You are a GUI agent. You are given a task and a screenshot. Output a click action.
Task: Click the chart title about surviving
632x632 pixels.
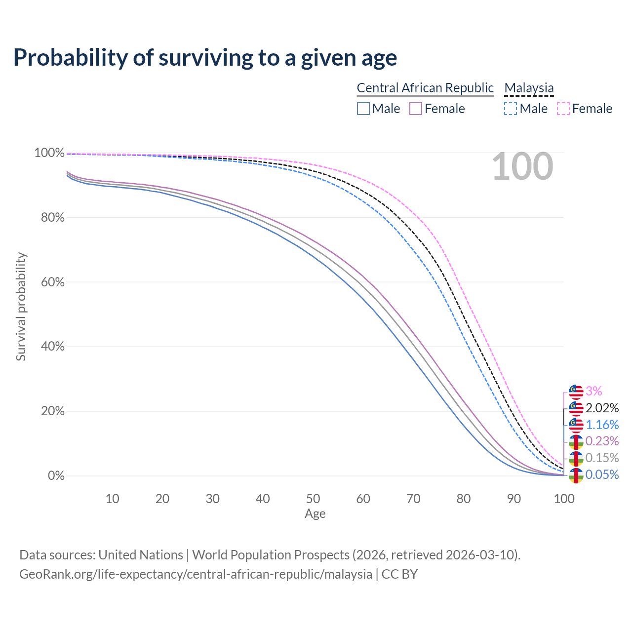(x=205, y=58)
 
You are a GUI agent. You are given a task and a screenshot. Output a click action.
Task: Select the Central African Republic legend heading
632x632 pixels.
(x=425, y=88)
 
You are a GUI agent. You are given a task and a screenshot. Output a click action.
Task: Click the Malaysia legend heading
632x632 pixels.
(x=529, y=88)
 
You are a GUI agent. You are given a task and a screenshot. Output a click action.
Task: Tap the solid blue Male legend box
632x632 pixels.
(x=363, y=109)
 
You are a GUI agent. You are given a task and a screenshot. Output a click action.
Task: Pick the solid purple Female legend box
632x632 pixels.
(x=416, y=109)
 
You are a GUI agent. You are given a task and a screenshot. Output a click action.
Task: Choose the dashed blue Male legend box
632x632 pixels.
(x=511, y=109)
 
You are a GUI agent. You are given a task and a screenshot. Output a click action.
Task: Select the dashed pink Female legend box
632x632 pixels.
(x=563, y=109)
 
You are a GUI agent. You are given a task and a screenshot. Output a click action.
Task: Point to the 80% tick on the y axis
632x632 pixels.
(x=49, y=218)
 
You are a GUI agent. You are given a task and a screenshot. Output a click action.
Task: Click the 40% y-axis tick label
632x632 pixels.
(x=49, y=347)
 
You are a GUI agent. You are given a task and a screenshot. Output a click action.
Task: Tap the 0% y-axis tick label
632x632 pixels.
(x=56, y=476)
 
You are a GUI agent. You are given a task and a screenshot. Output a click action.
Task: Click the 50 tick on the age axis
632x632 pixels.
(x=313, y=499)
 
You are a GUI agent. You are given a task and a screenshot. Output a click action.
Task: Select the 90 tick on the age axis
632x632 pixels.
(x=514, y=499)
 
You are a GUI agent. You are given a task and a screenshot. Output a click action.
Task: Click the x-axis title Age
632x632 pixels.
(x=315, y=514)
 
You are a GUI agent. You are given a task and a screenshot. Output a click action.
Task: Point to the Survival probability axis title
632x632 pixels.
(x=21, y=307)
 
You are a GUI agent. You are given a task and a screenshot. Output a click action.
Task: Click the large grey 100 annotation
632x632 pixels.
(x=522, y=166)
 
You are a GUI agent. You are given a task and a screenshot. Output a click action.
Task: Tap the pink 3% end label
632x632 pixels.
(x=594, y=392)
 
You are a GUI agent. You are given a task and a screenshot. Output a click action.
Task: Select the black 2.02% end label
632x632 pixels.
(x=602, y=408)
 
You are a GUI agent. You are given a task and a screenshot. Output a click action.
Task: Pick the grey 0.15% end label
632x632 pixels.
(x=602, y=458)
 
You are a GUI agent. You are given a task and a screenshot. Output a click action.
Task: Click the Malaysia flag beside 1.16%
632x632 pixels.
(x=576, y=425)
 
